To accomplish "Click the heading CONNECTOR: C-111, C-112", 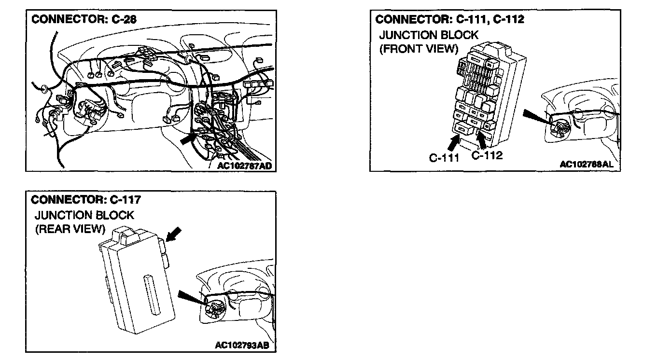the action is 449,19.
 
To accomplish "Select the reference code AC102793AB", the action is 241,346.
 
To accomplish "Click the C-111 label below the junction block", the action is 444,158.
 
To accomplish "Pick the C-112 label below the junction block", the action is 487,155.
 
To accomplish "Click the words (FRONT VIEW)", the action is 419,49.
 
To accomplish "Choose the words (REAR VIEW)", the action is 70,229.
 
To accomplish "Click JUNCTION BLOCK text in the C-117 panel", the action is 84,215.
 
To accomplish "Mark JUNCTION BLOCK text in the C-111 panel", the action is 429,35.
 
